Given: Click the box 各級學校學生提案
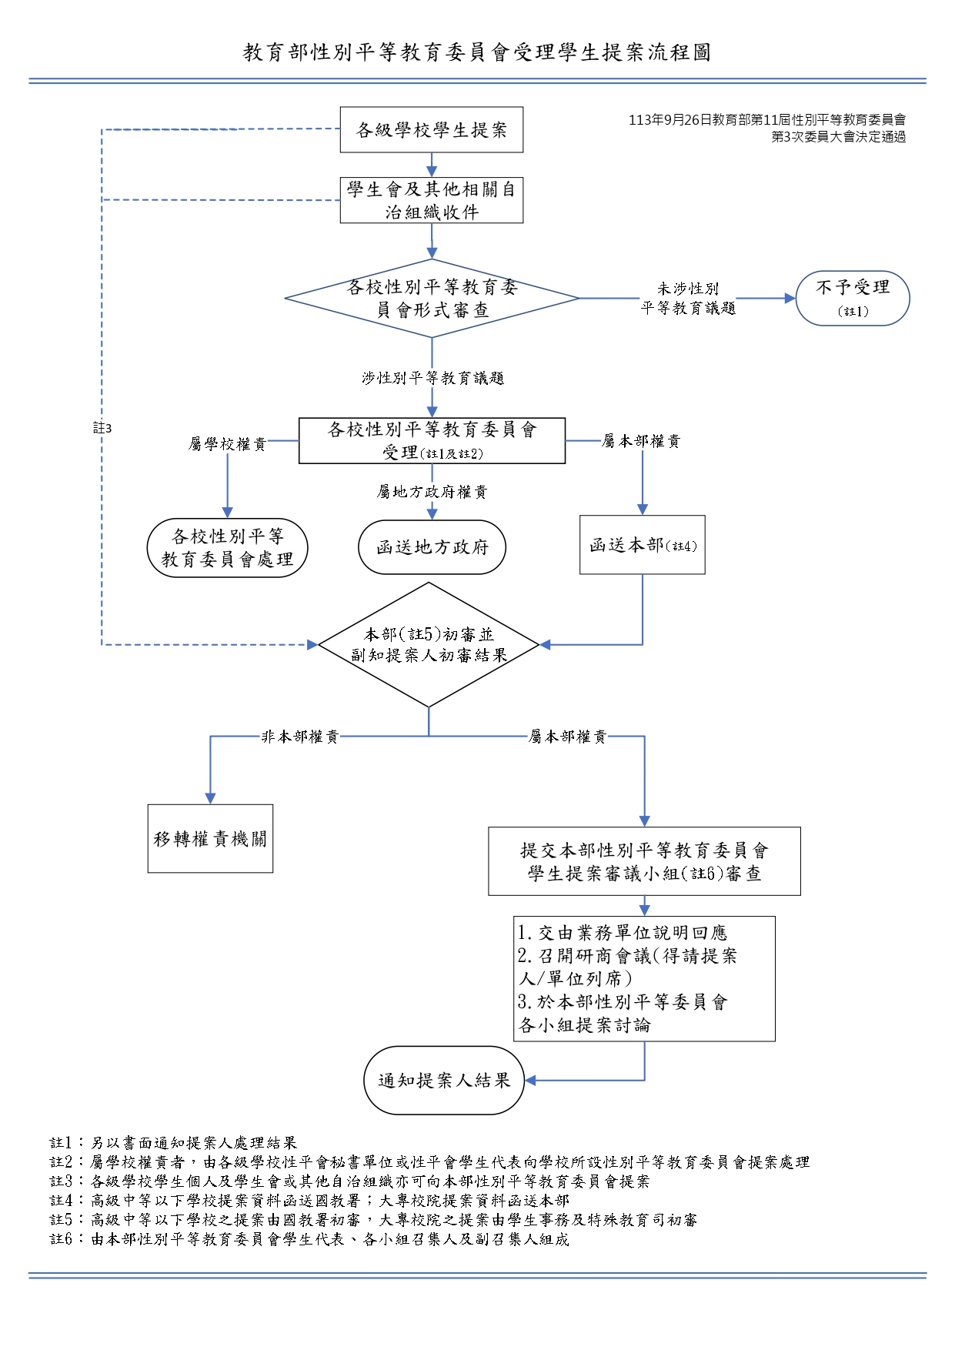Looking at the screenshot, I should (431, 130).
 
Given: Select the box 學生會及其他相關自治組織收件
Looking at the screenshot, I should (431, 200).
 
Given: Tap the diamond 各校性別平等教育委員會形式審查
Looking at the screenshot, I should (431, 298).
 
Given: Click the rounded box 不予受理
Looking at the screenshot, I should (852, 298).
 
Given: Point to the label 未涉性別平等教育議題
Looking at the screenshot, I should (688, 298).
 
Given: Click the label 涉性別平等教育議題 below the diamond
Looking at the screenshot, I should (432, 378).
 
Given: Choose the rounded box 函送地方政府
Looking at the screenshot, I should (432, 547).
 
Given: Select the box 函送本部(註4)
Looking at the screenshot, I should (642, 545).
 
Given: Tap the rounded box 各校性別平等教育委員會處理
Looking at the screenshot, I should (227, 548).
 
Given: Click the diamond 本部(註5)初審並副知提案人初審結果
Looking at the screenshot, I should (429, 645).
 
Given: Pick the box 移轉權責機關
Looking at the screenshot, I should (210, 838).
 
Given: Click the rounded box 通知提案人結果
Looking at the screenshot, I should (444, 1080).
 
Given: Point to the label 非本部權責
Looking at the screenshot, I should (300, 737).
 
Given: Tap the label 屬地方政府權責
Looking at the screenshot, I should (432, 492).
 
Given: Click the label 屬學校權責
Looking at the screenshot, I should (227, 444).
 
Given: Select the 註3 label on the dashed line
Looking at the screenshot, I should (102, 428).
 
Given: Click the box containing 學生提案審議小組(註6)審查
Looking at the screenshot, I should (644, 861).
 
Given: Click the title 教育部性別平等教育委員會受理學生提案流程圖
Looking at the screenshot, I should (477, 52).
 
